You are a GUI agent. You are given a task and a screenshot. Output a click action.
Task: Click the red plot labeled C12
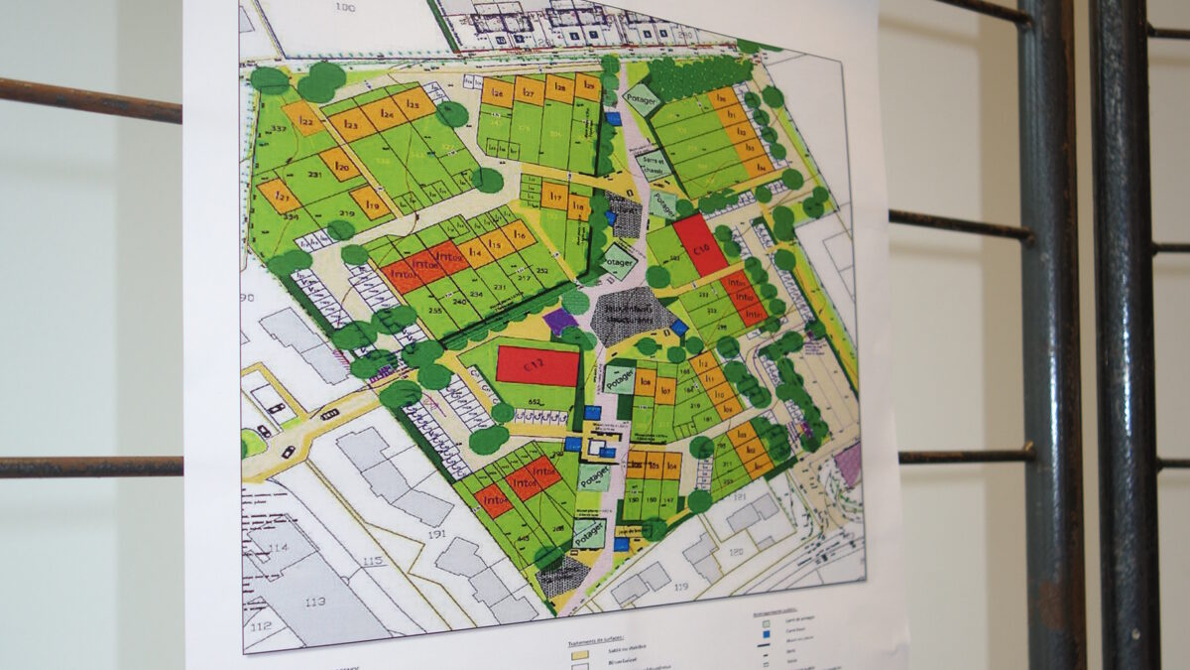[x=536, y=365]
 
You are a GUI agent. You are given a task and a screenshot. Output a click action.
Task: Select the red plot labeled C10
[x=700, y=244]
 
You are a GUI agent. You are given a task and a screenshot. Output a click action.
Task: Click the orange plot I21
[x=279, y=196]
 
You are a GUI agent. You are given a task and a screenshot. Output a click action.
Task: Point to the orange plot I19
[x=371, y=202]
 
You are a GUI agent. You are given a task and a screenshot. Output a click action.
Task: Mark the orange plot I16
[x=517, y=234]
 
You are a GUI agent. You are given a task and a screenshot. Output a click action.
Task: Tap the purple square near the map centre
[x=560, y=321]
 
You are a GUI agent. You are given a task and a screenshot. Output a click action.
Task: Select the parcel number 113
[x=315, y=601]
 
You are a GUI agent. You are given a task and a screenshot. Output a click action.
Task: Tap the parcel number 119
[x=680, y=587]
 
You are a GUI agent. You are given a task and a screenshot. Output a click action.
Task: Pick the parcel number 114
[x=280, y=547]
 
